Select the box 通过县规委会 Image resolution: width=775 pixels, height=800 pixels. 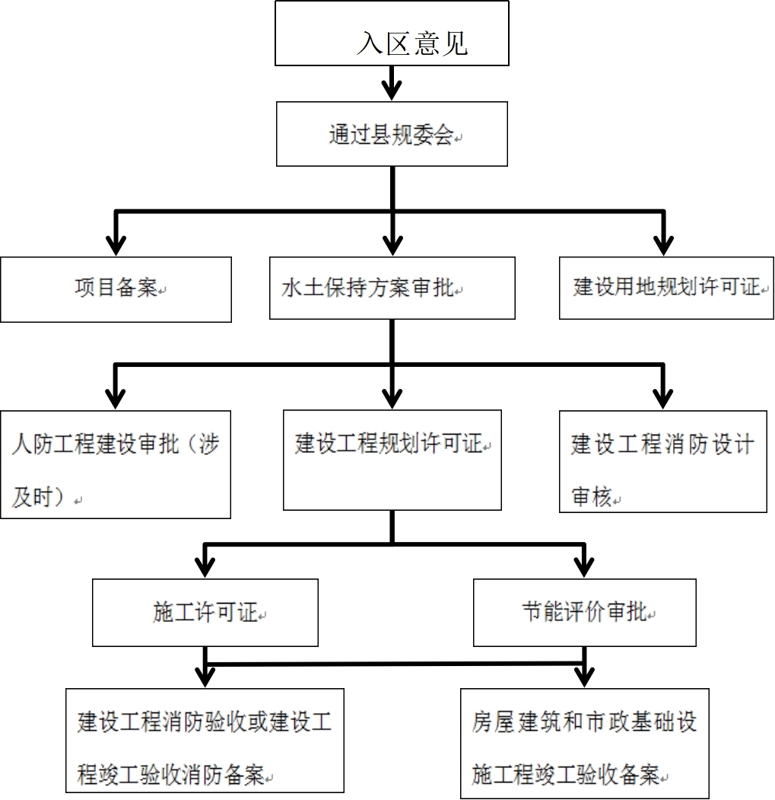(391, 135)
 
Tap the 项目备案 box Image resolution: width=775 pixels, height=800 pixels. (116, 289)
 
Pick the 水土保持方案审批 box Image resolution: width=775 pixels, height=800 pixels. (392, 288)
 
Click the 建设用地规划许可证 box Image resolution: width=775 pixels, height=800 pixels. (666, 288)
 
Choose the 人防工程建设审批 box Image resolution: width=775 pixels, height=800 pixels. (116, 464)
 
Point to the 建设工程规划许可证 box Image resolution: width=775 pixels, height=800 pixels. (392, 460)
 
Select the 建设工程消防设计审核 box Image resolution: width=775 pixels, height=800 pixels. (662, 461)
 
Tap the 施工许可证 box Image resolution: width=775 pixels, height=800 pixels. (205, 613)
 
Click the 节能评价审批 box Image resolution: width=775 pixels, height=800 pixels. (584, 613)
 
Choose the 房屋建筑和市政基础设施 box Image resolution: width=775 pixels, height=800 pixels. (584, 743)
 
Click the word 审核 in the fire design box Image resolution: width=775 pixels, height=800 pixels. (592, 498)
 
